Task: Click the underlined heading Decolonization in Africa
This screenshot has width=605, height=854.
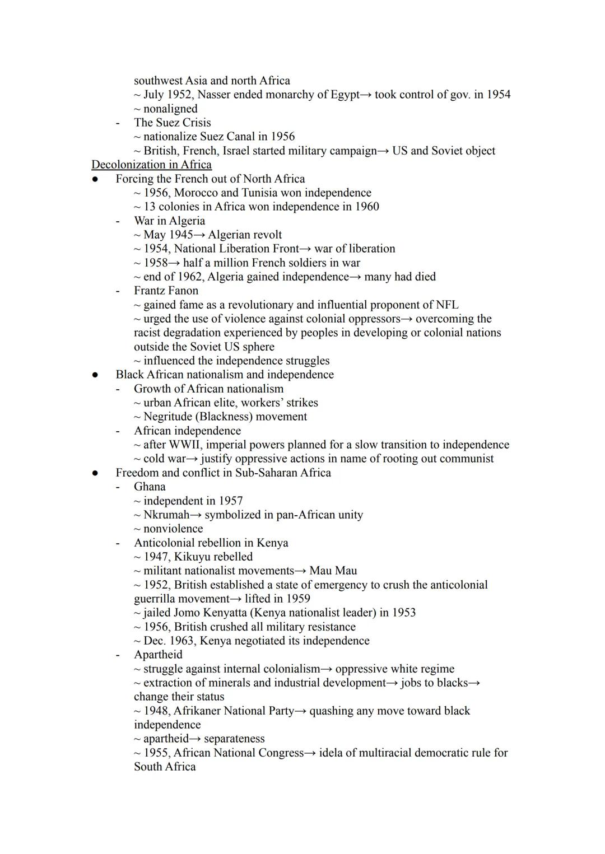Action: tap(151, 165)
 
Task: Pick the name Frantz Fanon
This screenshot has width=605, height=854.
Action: tap(166, 291)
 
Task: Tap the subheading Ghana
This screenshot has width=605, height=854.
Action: tap(150, 487)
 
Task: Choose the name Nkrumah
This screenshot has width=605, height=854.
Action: tap(166, 515)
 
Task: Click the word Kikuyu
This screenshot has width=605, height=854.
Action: tap(193, 557)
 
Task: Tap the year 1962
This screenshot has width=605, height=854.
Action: tap(191, 277)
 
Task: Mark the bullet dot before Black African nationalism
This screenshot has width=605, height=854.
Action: tap(95, 375)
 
